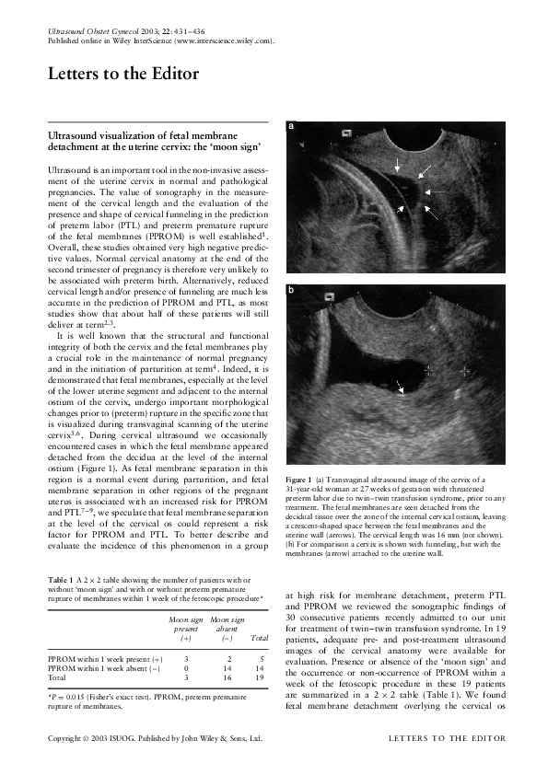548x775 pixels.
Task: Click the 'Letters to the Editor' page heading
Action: pos(116,75)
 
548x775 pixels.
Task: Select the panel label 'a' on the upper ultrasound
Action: pos(292,125)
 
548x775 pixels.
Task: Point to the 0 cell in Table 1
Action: pos(186,668)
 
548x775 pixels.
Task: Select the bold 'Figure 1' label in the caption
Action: pos(299,481)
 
